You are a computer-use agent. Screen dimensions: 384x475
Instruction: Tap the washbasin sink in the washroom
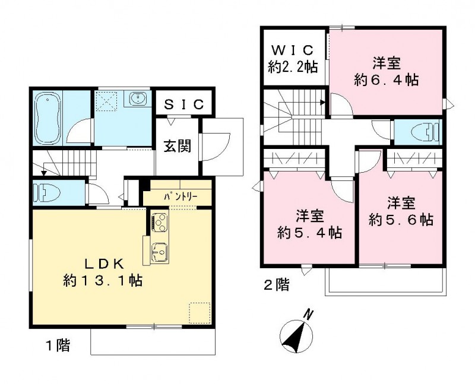click(x=138, y=99)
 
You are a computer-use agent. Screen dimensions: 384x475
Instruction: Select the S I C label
click(x=183, y=104)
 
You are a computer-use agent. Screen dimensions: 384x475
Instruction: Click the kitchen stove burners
click(x=159, y=222)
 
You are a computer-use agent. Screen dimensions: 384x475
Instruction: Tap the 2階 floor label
click(x=277, y=285)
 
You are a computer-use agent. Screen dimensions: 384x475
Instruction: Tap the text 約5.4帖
click(x=309, y=232)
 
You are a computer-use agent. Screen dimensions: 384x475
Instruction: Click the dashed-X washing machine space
click(x=109, y=101)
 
